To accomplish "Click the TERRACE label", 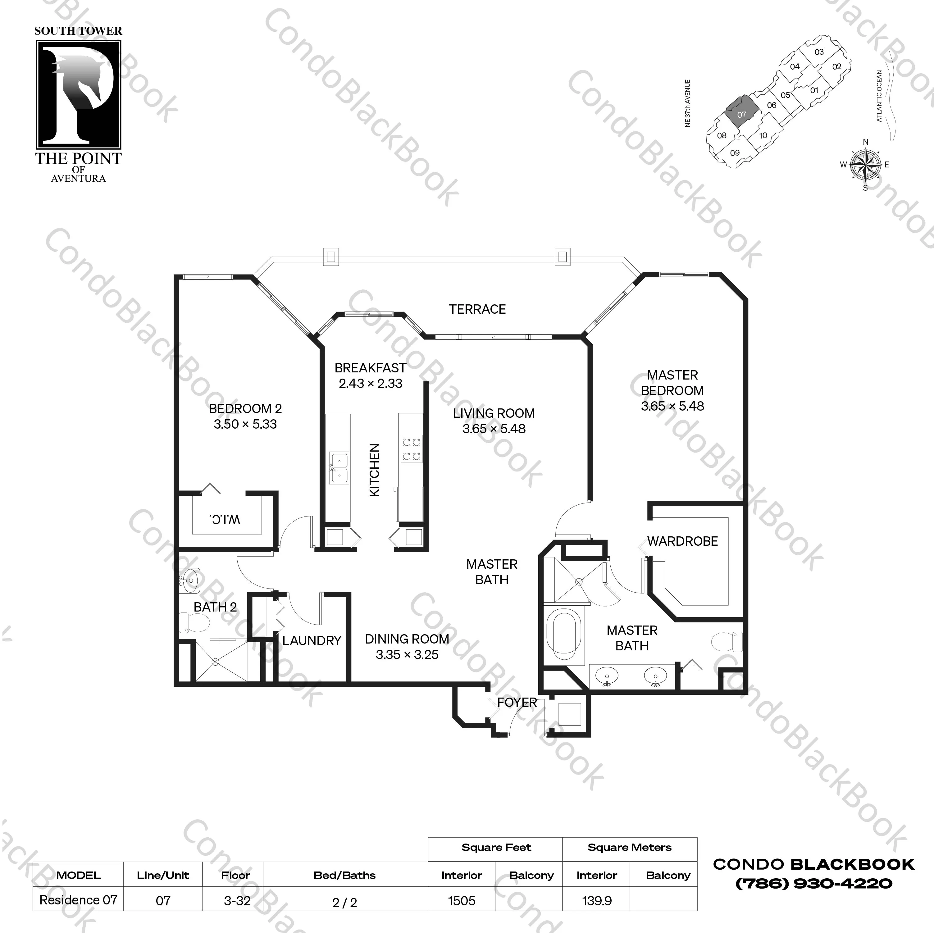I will tap(477, 309).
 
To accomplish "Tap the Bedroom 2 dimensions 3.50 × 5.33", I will tap(245, 425).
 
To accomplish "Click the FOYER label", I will tap(517, 703).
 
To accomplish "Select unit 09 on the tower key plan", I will tap(735, 153).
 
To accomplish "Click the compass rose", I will tap(865, 164).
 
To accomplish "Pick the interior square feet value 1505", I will tap(462, 901).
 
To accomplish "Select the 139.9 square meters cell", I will tap(597, 901).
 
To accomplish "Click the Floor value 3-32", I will tap(237, 901).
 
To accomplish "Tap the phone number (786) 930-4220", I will tap(813, 884).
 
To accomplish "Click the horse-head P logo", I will tap(78, 94).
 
